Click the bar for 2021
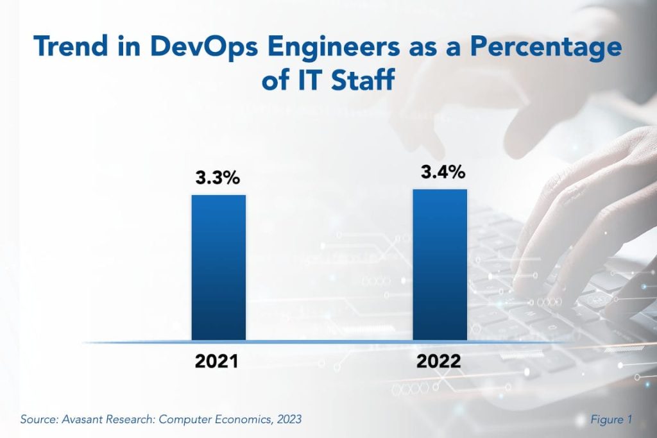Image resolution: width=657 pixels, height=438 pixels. point(219,267)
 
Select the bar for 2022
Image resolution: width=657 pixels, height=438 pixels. point(439,264)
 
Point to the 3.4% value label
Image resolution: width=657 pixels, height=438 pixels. point(443,173)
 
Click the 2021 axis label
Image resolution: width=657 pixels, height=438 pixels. point(217,361)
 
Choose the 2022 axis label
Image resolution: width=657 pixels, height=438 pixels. point(438,361)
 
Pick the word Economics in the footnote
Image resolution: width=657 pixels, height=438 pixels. point(240,420)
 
